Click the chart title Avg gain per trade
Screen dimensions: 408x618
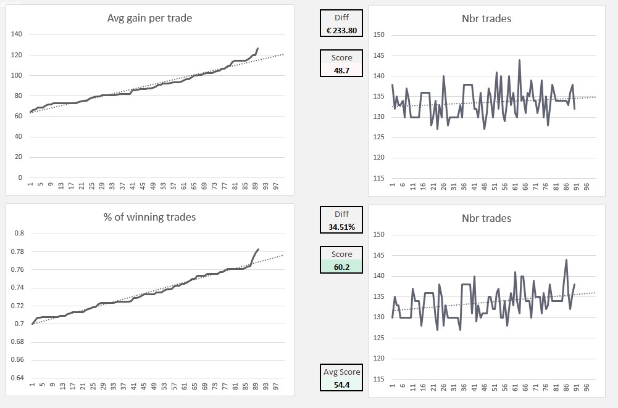(x=149, y=18)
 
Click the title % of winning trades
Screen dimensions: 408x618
(x=149, y=217)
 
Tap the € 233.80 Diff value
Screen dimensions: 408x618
(x=341, y=30)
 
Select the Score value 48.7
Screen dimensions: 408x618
(x=341, y=70)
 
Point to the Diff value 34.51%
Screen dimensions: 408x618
(x=341, y=227)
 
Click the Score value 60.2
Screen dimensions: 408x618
(x=341, y=266)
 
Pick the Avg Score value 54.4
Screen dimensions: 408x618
(x=341, y=383)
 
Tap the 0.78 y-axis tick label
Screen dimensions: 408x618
(x=19, y=251)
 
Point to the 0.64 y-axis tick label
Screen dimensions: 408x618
(x=19, y=378)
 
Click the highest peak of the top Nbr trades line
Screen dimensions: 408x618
(x=519, y=60)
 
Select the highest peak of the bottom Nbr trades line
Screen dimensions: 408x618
(x=566, y=259)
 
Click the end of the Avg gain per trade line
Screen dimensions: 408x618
(x=257, y=48)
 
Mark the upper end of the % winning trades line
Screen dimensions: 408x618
(x=258, y=250)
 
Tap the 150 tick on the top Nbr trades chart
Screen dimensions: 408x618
(x=379, y=35)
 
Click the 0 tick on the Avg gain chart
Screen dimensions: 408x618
(x=20, y=177)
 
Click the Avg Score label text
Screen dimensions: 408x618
(x=341, y=372)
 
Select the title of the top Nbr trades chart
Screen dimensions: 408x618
(x=486, y=18)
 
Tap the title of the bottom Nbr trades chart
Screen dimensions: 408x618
(x=486, y=218)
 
